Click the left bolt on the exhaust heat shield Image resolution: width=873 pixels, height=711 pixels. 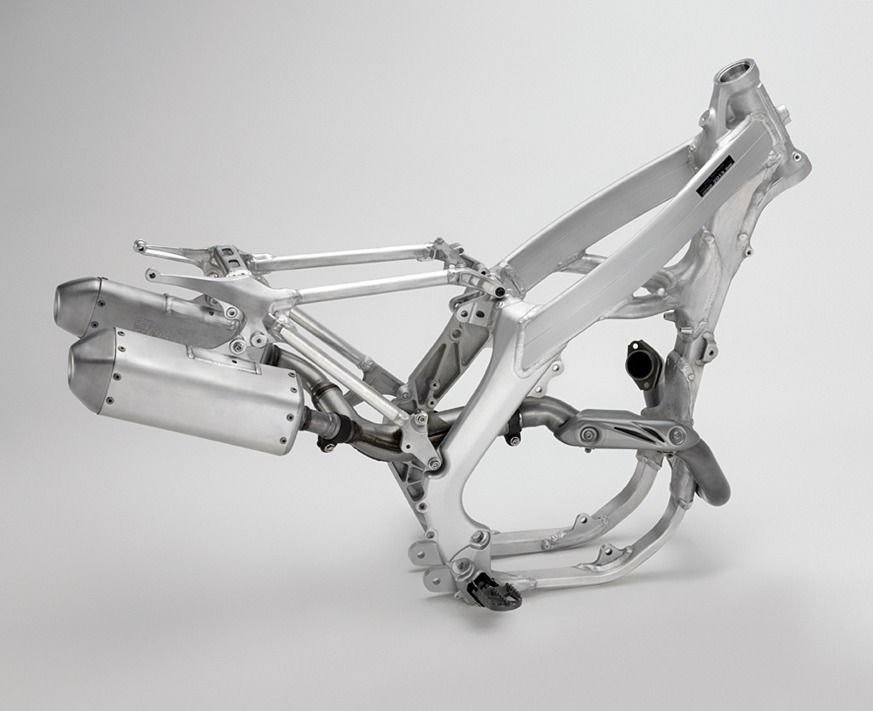point(588,434)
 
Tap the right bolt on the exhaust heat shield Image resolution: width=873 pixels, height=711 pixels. point(677,434)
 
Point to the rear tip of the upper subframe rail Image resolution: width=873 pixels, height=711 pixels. point(139,247)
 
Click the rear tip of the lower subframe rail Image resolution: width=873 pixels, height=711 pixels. point(152,276)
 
